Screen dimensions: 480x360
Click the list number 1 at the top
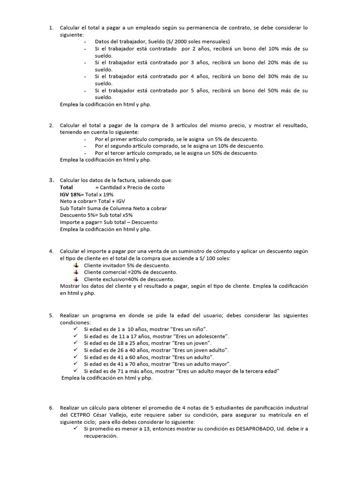coord(51,28)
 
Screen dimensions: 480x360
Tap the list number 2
coord(51,125)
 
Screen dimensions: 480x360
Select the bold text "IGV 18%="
coord(72,195)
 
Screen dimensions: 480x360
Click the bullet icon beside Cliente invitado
coord(76,265)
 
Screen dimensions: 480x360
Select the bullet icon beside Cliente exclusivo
coord(76,279)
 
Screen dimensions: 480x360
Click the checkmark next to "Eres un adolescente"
coord(76,337)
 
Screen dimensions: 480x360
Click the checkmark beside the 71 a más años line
coord(76,371)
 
